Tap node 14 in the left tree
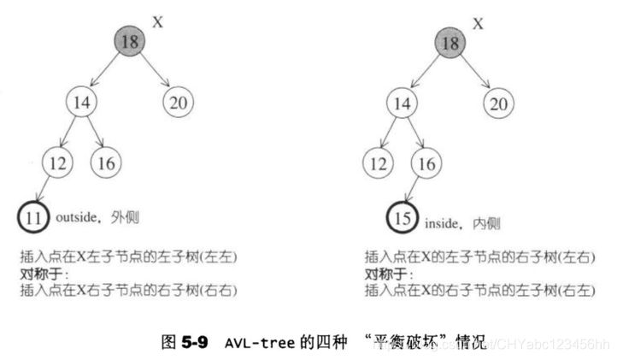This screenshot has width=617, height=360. [83, 104]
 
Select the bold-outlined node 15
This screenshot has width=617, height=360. [403, 217]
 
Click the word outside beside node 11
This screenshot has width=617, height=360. [79, 218]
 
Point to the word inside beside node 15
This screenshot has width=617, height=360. [442, 224]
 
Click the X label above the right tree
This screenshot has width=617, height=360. [478, 23]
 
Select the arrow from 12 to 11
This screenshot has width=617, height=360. [44, 189]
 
